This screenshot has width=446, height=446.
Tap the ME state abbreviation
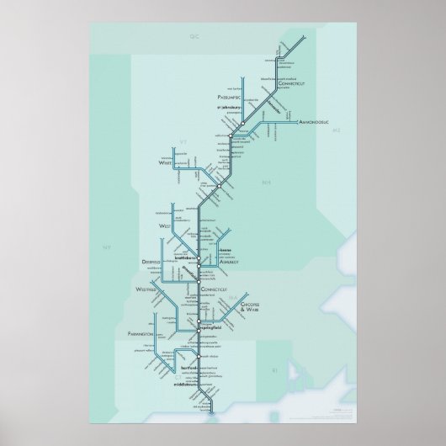pos(335,132)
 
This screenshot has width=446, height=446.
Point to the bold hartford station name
pos(188,368)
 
